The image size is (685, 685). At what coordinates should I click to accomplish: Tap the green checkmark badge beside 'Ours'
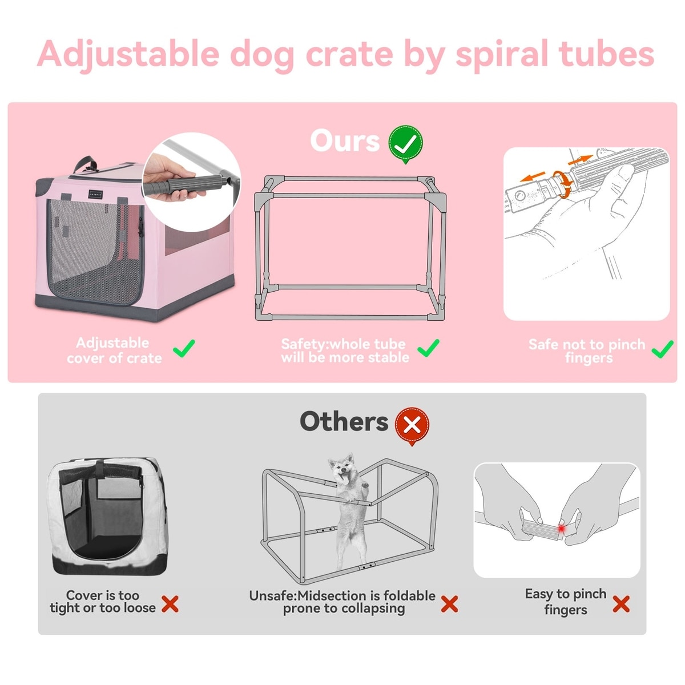[406, 144]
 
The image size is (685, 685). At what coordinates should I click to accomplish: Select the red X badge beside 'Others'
[412, 425]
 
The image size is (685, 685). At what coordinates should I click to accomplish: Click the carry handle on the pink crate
[85, 164]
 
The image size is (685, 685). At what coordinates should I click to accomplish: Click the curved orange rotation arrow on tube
[562, 183]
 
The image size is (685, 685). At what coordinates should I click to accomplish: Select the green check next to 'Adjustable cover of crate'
[184, 348]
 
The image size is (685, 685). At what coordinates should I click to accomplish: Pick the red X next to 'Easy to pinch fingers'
[621, 604]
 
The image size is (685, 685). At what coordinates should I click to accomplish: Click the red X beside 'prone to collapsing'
[449, 604]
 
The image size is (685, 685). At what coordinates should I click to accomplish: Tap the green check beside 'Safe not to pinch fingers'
[662, 349]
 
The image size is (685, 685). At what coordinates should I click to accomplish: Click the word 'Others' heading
[344, 421]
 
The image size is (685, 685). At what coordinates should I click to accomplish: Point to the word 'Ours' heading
[344, 141]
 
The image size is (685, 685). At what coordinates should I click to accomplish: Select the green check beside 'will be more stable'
[428, 348]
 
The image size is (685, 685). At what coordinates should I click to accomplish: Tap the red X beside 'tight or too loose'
[170, 604]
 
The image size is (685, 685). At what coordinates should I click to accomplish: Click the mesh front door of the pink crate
[95, 251]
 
